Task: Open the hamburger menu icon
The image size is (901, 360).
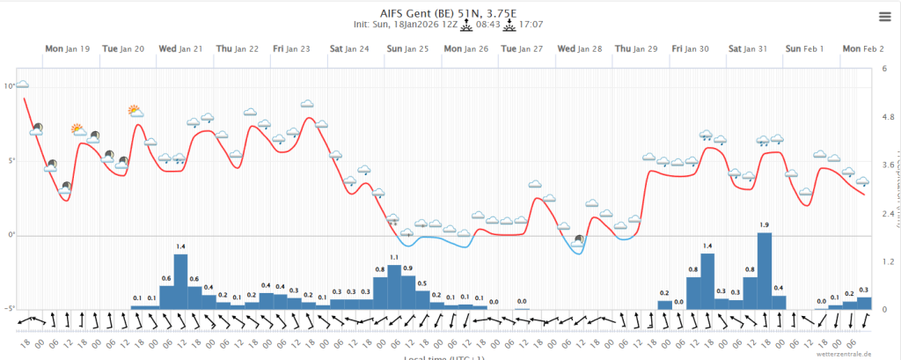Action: pyautogui.click(x=884, y=17)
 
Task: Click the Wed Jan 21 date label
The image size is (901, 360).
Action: pyautogui.click(x=180, y=48)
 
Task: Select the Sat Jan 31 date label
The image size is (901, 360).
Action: pyautogui.click(x=750, y=48)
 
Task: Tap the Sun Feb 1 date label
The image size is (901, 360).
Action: pyautogui.click(x=804, y=48)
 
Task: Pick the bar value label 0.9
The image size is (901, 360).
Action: pyautogui.click(x=408, y=268)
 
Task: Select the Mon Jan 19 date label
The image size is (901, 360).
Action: pyautogui.click(x=67, y=48)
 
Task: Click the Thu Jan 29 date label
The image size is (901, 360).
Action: pyautogui.click(x=635, y=48)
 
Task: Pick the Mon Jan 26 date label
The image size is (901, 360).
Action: pyautogui.click(x=465, y=48)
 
